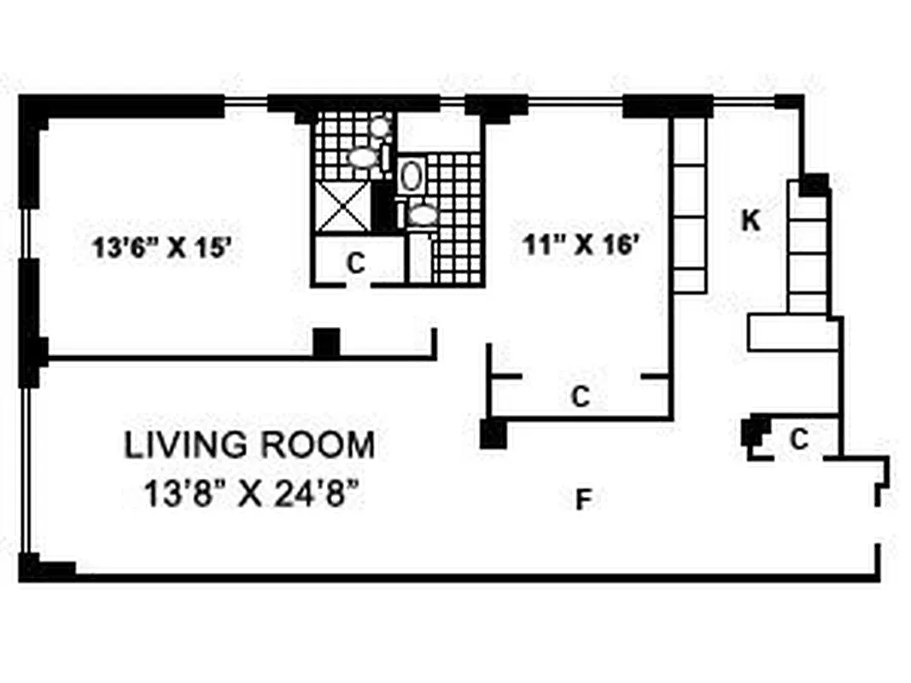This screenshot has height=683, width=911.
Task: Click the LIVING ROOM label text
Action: [249, 446]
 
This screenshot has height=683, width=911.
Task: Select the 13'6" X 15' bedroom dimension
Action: [162, 248]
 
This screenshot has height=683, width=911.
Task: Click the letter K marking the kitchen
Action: [750, 221]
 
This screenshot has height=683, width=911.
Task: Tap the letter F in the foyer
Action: [583, 500]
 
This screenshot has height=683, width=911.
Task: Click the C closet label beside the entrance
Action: [798, 440]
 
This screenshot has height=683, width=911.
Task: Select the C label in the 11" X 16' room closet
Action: [581, 396]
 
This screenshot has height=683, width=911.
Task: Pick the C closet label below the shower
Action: [356, 263]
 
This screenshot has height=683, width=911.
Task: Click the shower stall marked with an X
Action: [344, 207]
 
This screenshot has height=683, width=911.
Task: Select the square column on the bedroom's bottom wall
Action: [326, 342]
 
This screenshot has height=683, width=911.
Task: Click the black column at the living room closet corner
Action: [493, 435]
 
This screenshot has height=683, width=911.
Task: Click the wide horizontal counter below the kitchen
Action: [792, 332]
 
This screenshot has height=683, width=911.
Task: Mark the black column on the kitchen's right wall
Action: [815, 183]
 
